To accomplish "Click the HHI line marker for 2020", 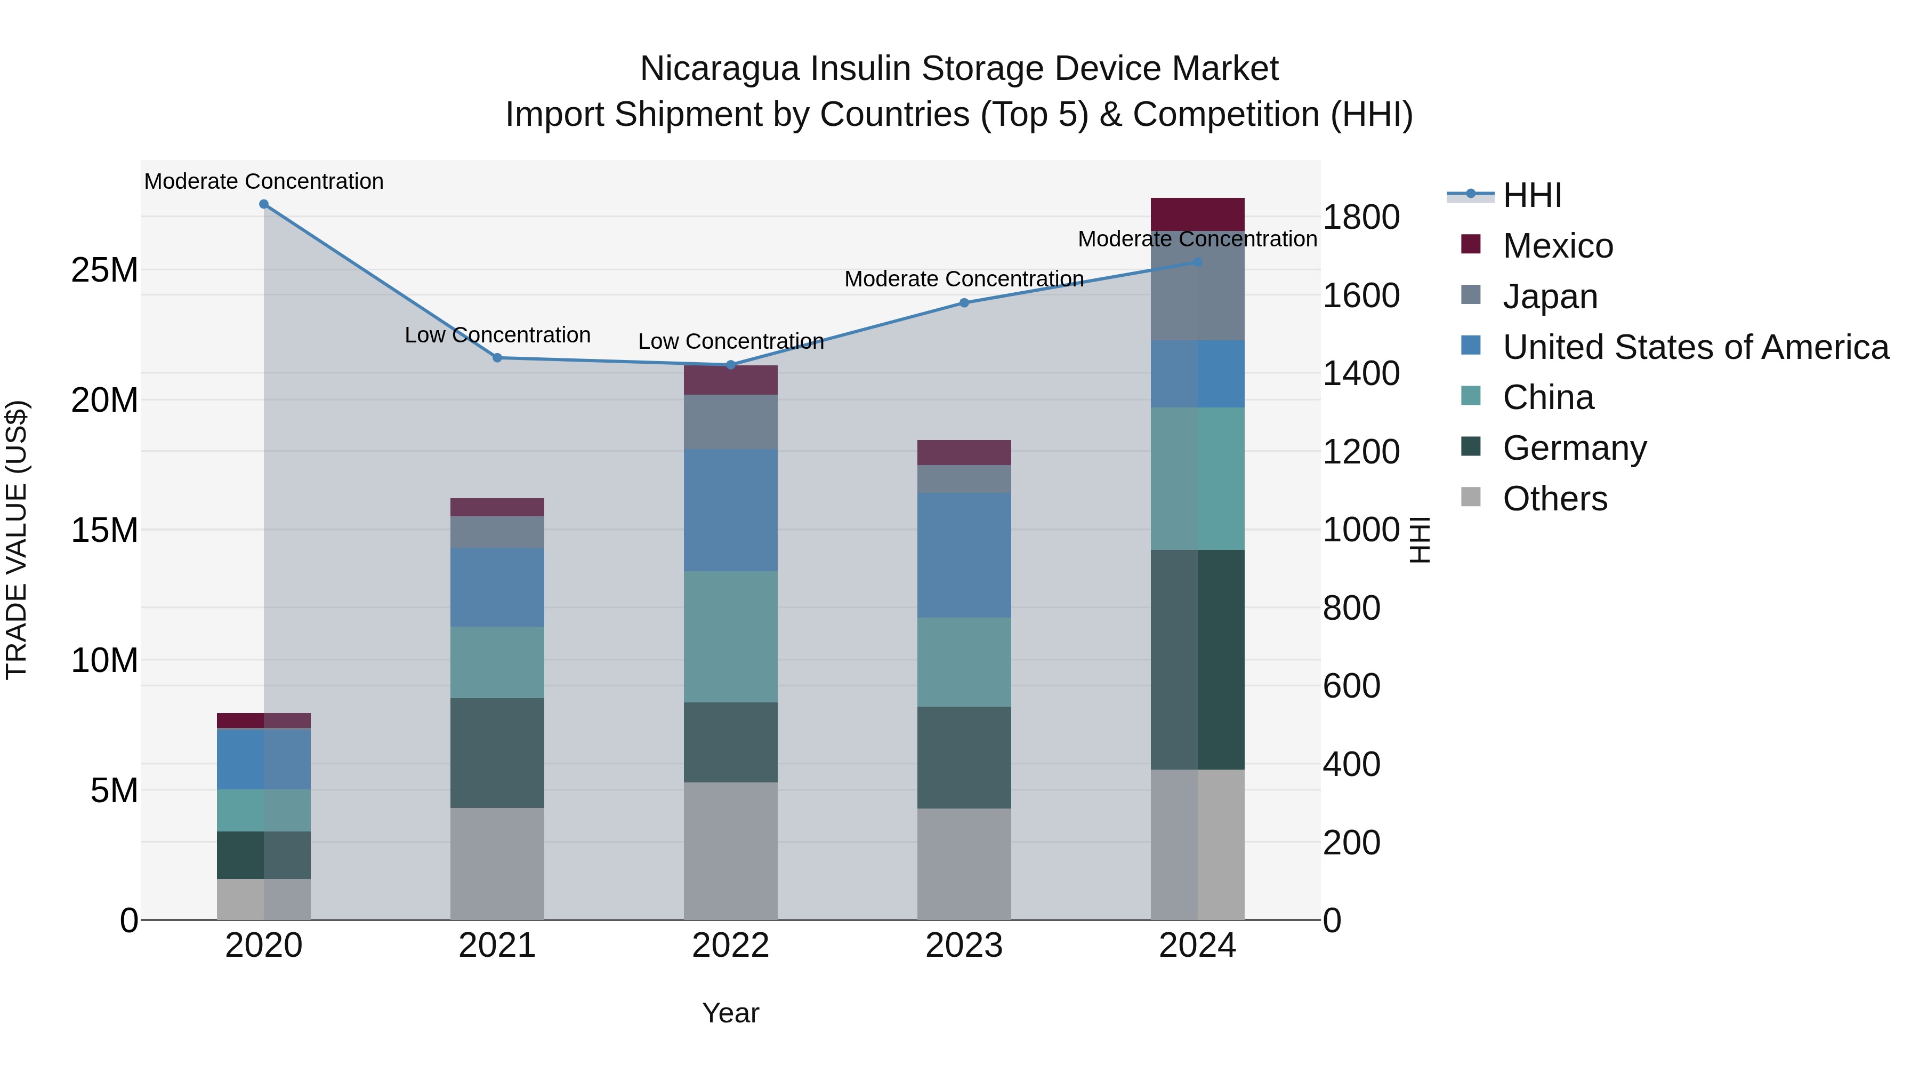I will click(264, 204).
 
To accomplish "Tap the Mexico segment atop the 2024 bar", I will click(1197, 214).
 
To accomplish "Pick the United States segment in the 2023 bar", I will click(964, 555).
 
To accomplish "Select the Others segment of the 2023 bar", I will click(964, 864).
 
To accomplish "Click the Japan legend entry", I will click(1550, 297).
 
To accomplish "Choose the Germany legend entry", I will click(1574, 448).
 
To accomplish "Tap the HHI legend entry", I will click(1531, 195).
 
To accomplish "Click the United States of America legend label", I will click(1696, 347).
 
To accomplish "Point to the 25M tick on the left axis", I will click(104, 270).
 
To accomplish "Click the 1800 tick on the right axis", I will click(1360, 218).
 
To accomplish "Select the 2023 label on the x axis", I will click(964, 946).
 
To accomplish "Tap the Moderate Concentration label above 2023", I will click(964, 279).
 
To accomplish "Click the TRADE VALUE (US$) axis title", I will click(17, 540).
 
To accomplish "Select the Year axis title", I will click(730, 1013).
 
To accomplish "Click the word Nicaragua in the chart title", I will click(720, 69).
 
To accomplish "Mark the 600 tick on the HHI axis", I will click(1351, 686).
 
